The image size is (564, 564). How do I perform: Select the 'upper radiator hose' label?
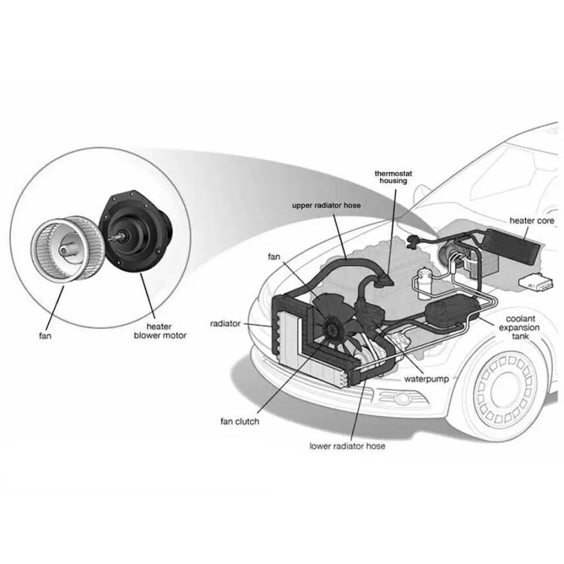pyautogui.click(x=326, y=205)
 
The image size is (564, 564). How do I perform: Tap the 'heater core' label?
pyautogui.click(x=531, y=221)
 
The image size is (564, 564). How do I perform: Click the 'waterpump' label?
pyautogui.click(x=426, y=380)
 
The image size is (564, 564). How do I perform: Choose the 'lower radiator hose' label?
pyautogui.click(x=347, y=446)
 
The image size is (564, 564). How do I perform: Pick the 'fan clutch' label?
pyautogui.click(x=240, y=421)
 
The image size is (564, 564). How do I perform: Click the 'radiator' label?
pyautogui.click(x=226, y=324)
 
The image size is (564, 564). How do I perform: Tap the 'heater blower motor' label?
pyautogui.click(x=160, y=331)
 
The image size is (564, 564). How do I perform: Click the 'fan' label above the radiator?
pyautogui.click(x=274, y=257)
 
